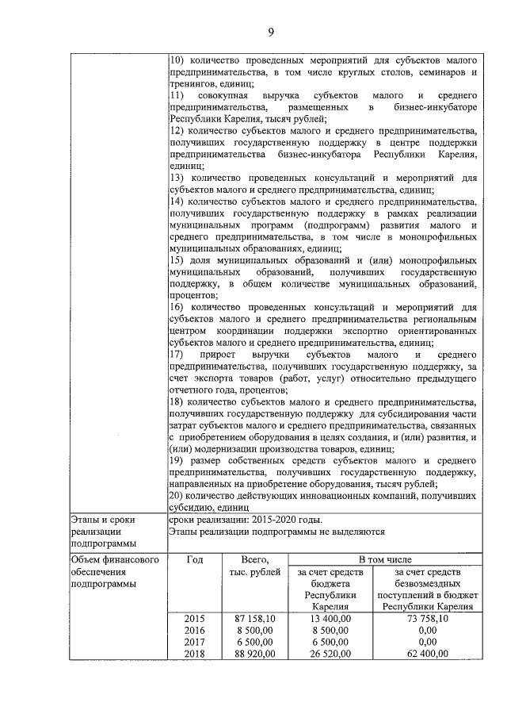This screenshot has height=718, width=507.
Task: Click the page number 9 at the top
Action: [269, 32]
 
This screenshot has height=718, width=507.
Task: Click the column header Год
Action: [194, 560]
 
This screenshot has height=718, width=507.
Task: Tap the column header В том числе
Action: [385, 560]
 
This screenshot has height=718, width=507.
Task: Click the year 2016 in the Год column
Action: [194, 629]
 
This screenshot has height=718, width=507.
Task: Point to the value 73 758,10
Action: [427, 617]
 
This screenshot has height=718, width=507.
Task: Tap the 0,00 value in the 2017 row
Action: [427, 641]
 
